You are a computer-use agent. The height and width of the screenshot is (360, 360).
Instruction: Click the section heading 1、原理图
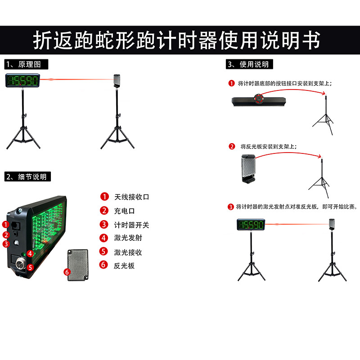click(26, 64)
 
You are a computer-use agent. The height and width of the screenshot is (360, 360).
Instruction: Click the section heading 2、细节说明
click(27, 176)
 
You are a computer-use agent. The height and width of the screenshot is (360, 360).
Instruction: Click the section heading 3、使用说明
click(249, 64)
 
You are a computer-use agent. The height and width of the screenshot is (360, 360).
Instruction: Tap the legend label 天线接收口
click(131, 197)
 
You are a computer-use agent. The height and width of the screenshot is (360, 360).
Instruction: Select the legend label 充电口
click(124, 211)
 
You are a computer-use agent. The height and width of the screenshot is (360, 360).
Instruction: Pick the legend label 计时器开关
click(131, 225)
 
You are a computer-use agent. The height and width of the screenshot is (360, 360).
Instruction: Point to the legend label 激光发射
click(128, 238)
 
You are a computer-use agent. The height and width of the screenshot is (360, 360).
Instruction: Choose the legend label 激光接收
click(128, 252)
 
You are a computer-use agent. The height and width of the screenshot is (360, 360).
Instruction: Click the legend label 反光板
click(124, 265)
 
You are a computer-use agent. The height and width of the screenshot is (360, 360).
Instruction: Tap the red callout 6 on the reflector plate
click(67, 272)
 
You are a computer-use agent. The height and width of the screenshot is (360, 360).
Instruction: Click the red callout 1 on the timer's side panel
click(5, 224)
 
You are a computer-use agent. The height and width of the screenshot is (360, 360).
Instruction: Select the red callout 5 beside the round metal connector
click(30, 267)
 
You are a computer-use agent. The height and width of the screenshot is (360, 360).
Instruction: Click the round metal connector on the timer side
click(20, 265)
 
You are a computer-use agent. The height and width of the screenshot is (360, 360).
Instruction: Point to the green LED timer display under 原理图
click(23, 81)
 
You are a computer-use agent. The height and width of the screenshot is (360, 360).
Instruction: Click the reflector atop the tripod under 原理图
click(117, 81)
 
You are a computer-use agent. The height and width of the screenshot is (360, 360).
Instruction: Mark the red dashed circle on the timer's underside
click(258, 98)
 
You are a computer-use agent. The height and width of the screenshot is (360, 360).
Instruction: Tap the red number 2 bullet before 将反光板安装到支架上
click(232, 147)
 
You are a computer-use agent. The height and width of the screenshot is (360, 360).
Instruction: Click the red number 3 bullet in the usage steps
click(230, 207)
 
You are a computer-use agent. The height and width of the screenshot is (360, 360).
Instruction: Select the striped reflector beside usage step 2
click(248, 169)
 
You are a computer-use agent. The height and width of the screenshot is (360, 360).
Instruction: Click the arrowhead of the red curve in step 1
click(324, 93)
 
